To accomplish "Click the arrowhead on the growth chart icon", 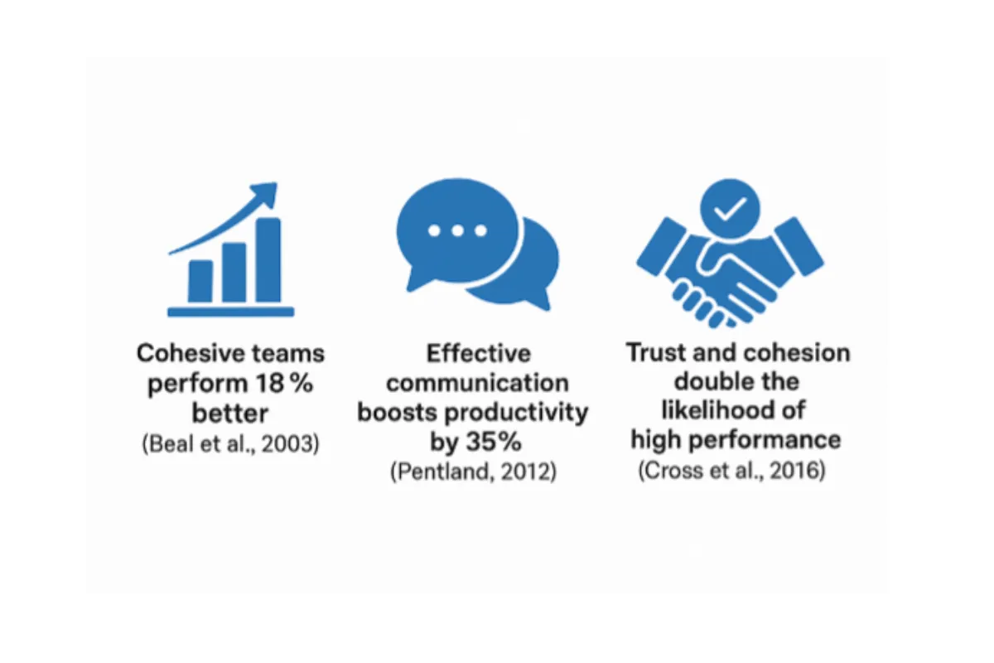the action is (x=266, y=194).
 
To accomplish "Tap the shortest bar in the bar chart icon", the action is (x=200, y=282).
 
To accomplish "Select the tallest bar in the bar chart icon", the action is (x=268, y=260).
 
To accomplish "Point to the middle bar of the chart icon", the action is (x=234, y=273).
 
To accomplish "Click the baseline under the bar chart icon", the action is (x=231, y=312).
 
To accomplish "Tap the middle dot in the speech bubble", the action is (x=457, y=230).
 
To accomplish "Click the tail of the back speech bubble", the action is (x=543, y=301).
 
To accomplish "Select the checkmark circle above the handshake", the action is (x=730, y=209).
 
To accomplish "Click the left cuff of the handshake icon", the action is (x=661, y=246).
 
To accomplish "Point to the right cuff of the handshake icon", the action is (x=799, y=246).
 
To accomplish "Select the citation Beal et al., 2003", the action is (x=230, y=443).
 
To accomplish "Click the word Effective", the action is (x=479, y=354).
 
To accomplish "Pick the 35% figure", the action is (x=493, y=442).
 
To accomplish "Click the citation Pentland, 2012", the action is (x=473, y=472).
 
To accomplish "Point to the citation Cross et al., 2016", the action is (x=731, y=470).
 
